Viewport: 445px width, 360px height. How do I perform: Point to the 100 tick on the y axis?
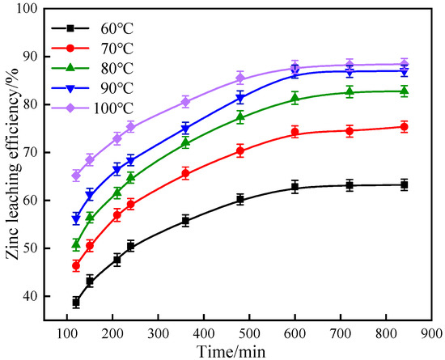[x=32, y=9]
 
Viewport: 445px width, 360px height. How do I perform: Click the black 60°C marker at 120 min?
[x=76, y=302]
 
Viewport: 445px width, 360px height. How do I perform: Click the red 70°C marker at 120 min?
[x=76, y=265]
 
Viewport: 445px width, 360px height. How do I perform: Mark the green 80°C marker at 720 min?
[x=350, y=91]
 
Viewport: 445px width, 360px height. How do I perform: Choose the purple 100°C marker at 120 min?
[x=76, y=176]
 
